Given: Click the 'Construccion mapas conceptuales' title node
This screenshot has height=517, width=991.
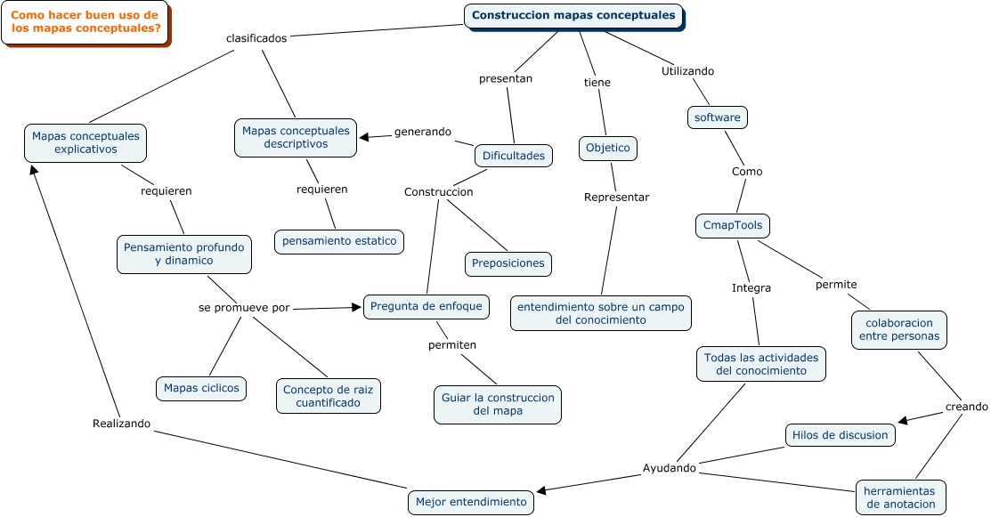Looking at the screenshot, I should pyautogui.click(x=574, y=16).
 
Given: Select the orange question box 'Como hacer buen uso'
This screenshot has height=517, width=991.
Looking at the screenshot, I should pyautogui.click(x=85, y=22).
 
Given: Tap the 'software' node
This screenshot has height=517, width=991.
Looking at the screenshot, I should pyautogui.click(x=717, y=117).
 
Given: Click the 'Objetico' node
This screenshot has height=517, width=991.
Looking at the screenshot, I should pyautogui.click(x=608, y=148).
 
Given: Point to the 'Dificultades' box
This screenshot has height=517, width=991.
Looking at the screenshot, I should pyautogui.click(x=514, y=156).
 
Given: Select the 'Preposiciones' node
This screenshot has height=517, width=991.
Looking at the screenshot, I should pyautogui.click(x=508, y=263).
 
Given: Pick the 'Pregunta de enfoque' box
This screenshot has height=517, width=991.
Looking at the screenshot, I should pyautogui.click(x=426, y=306).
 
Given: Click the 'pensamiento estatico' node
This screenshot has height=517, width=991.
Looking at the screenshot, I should pyautogui.click(x=339, y=241).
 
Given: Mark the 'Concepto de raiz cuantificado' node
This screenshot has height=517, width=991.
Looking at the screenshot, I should pyautogui.click(x=329, y=396).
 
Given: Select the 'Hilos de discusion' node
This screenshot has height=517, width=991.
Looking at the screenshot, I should pyautogui.click(x=840, y=435).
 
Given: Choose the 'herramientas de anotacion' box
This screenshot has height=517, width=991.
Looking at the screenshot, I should pyautogui.click(x=899, y=497).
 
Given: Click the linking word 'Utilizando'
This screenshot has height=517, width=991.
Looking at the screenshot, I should pyautogui.click(x=687, y=71).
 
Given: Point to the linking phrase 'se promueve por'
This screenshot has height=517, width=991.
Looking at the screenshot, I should pyautogui.click(x=244, y=307).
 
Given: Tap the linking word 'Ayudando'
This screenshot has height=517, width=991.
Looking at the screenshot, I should pyautogui.click(x=670, y=468).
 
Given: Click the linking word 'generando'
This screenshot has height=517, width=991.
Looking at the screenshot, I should pyautogui.click(x=423, y=132).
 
